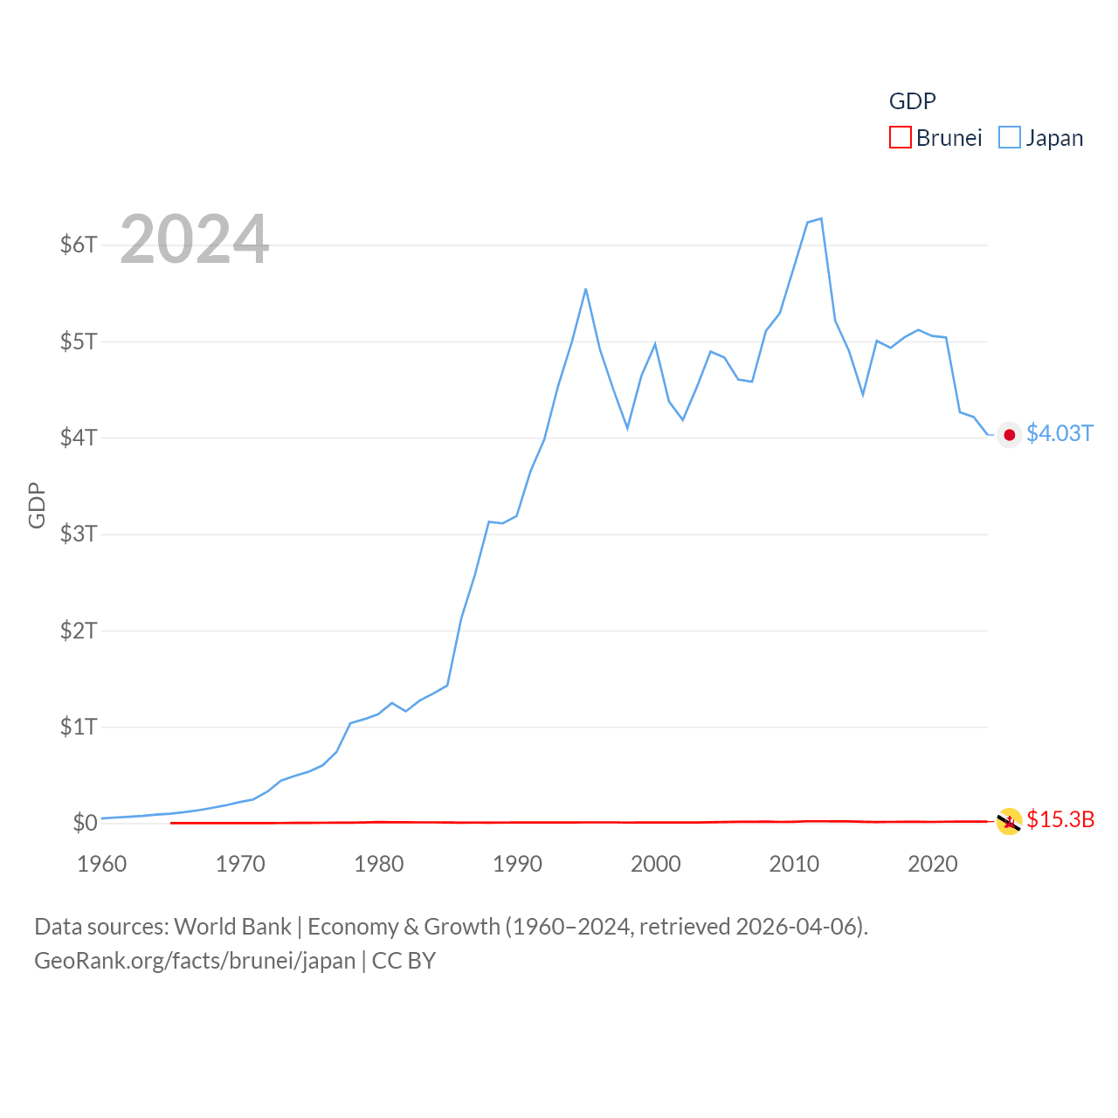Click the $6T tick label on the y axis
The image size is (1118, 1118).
(79, 245)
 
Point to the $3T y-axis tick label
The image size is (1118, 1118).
(79, 534)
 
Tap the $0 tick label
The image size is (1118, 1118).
(85, 823)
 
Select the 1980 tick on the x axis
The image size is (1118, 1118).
(379, 864)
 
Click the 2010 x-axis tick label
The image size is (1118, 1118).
(794, 864)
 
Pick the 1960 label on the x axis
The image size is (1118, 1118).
(102, 864)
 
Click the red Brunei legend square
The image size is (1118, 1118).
(901, 138)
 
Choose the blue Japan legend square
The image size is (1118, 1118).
(1010, 138)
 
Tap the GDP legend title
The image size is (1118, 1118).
(912, 101)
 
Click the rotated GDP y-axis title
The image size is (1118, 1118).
(37, 505)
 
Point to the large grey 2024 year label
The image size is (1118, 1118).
(195, 239)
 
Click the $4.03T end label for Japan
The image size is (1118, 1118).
(1059, 433)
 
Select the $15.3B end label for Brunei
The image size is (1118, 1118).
(1060, 819)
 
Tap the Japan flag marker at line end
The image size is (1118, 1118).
(1010, 435)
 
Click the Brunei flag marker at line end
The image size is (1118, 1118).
(1009, 821)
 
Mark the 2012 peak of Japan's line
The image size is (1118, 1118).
(821, 218)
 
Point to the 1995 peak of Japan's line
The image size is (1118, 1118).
(585, 289)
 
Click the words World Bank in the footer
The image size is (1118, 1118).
(233, 926)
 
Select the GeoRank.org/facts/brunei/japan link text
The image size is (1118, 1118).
(195, 961)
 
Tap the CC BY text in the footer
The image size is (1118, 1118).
(404, 961)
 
